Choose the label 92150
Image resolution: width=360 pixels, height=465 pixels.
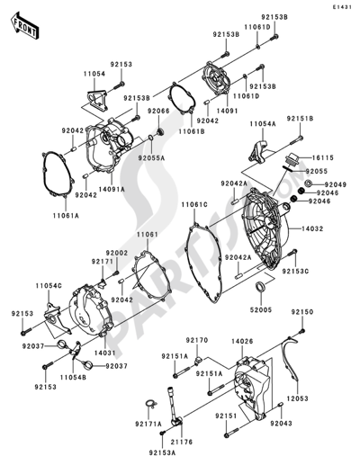304,312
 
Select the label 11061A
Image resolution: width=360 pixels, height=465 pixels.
65,216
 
